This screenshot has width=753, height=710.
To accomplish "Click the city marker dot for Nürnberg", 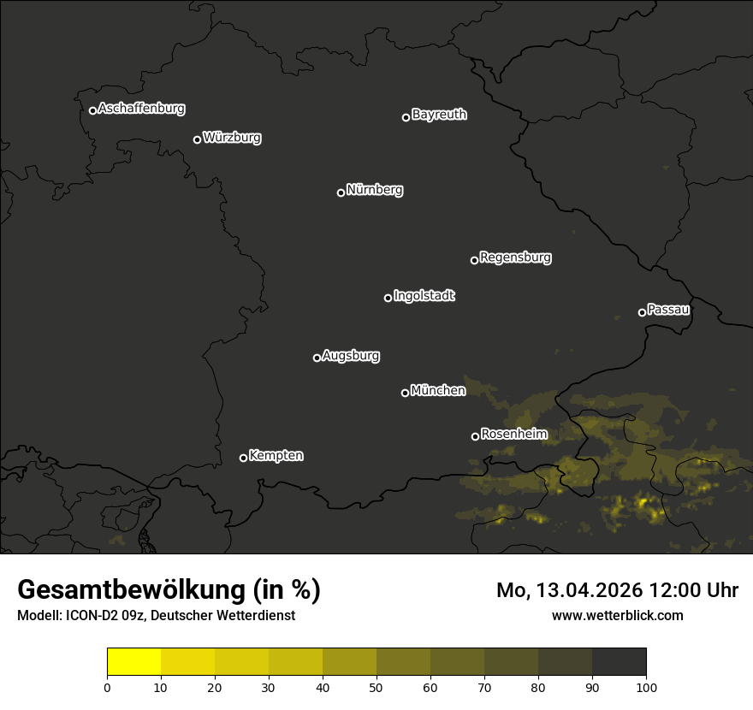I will [341, 192].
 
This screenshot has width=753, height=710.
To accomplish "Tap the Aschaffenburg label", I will [141, 109].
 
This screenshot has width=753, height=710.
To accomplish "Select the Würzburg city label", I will [232, 138].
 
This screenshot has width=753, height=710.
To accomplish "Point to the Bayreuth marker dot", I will [406, 117].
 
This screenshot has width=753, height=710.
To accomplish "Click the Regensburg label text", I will [515, 257].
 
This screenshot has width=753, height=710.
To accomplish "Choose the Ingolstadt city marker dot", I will [388, 298].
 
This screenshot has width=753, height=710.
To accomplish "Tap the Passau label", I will [668, 310].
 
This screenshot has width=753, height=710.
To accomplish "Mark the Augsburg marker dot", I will [317, 358].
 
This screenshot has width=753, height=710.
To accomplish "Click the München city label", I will [438, 391].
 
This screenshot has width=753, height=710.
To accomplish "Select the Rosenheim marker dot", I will [475, 437].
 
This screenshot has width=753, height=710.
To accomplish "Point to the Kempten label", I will [276, 456].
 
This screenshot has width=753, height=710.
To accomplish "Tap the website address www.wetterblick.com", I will [618, 615].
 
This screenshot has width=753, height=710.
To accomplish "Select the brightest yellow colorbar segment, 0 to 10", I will [133, 662].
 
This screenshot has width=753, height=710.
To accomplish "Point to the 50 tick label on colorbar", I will [376, 687].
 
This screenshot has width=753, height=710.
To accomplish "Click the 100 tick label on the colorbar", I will [646, 687].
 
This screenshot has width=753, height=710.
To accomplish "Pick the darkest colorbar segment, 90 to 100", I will [619, 662].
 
